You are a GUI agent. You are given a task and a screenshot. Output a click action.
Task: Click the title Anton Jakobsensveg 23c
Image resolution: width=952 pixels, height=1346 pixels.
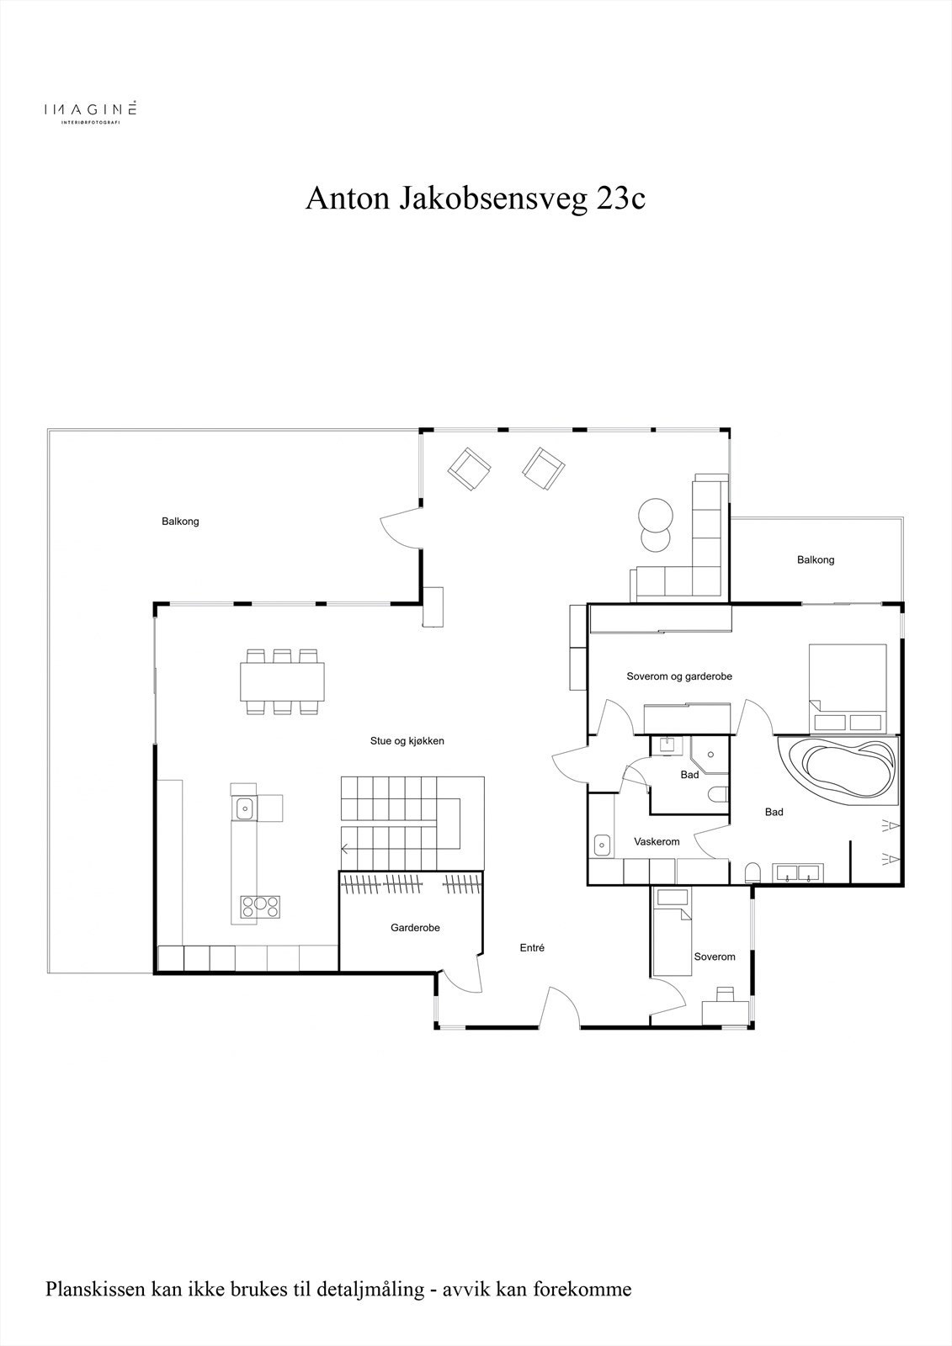[x=475, y=199]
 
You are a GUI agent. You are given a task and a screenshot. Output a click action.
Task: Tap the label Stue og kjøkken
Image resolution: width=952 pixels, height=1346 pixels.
[x=407, y=741]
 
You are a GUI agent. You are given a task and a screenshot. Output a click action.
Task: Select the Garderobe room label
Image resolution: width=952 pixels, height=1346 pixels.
[x=415, y=928]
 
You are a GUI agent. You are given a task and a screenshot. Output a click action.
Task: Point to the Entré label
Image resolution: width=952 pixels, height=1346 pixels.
[x=532, y=947]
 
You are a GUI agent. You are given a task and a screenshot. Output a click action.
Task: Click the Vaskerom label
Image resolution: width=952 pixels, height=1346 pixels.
[x=657, y=841]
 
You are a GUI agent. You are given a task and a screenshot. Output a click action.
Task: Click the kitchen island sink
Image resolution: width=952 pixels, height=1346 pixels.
[x=244, y=808]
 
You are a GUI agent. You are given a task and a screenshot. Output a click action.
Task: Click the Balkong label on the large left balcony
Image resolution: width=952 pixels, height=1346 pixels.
[x=180, y=522]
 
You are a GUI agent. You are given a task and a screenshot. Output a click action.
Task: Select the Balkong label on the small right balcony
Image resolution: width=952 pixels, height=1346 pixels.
[x=815, y=559]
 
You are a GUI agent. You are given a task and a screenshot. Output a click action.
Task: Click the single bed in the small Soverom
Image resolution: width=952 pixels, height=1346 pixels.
[x=672, y=931]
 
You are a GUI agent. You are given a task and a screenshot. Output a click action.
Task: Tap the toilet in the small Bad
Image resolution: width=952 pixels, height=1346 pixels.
[x=717, y=794]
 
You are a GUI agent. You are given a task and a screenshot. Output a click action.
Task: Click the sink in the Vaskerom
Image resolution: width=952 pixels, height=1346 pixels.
[x=602, y=844]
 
